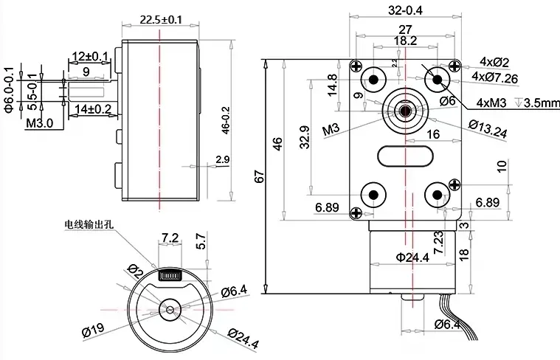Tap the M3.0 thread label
pyautogui.click(x=39, y=124)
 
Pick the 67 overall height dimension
pyautogui.click(x=258, y=177)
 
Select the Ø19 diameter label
pyautogui.click(x=91, y=332)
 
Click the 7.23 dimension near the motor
pyautogui.click(x=458, y=243)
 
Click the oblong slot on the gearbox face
pyautogui.click(x=404, y=156)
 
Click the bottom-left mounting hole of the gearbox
pyautogui.click(x=373, y=195)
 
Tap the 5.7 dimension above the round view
pyautogui.click(x=200, y=241)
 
